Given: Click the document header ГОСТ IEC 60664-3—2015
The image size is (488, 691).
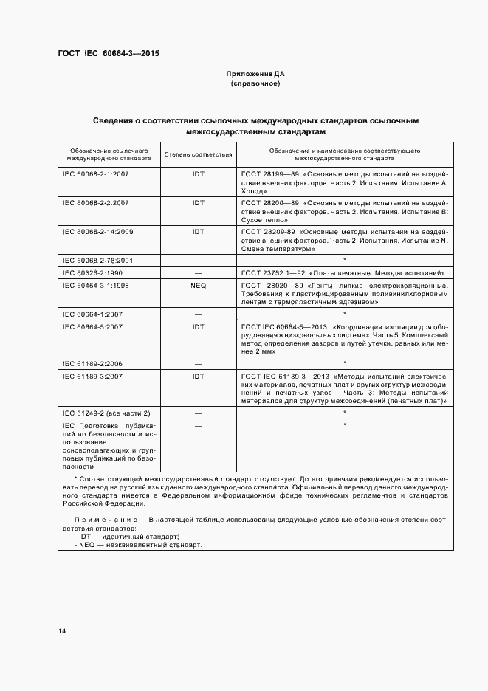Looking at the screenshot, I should tap(109, 54).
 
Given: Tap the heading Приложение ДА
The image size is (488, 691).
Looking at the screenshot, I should tap(255, 74).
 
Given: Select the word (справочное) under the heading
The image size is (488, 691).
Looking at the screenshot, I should tap(255, 83).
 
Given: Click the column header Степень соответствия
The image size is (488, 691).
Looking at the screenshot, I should tap(198, 155).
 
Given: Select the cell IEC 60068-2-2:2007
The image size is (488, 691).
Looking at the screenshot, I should tap(96, 202).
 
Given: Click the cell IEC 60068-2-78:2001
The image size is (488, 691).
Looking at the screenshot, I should tap(97, 261).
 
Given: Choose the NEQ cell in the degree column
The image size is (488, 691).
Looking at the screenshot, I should tap(198, 285).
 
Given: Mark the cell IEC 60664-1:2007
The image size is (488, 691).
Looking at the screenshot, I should tap(92, 314).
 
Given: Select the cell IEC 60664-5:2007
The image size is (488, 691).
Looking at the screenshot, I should tap(92, 326).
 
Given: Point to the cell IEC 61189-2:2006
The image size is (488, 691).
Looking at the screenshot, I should tap(92, 364).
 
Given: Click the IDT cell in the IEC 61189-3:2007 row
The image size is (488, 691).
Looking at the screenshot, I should tap(198, 376).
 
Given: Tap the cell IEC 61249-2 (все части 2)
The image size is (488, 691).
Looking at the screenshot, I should tap(106, 413).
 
